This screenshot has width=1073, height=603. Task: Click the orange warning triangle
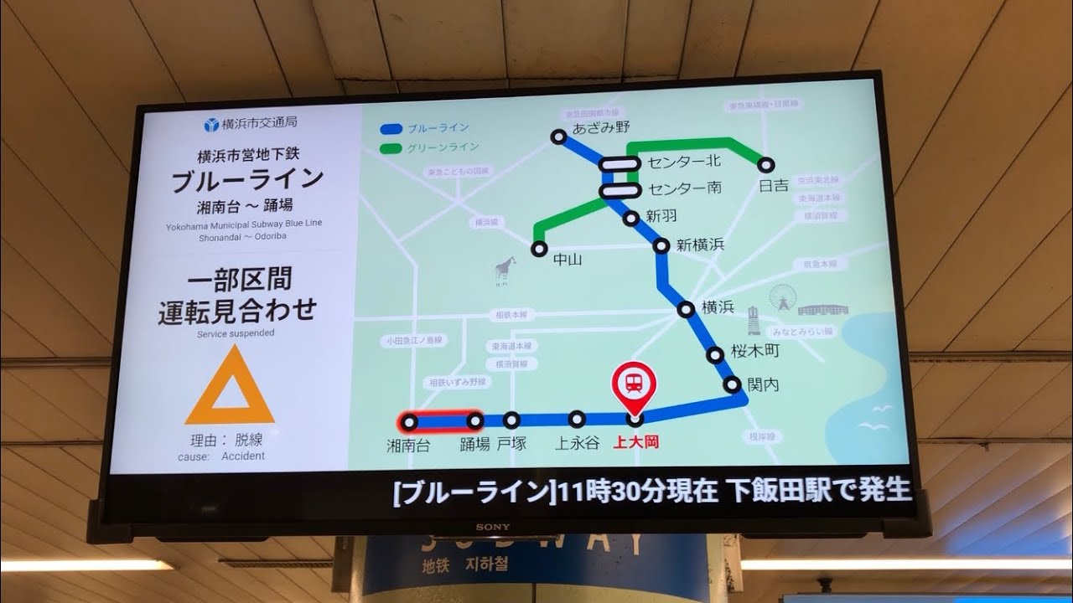[x=230, y=389]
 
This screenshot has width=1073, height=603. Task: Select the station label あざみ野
[x=601, y=127]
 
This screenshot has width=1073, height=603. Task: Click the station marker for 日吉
[x=765, y=165]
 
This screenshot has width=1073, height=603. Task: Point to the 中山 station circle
[x=539, y=249]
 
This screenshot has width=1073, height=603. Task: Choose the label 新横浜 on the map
[x=700, y=245]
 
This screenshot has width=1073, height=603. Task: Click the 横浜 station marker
[x=687, y=310]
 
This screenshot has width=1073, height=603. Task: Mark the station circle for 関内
[x=733, y=385]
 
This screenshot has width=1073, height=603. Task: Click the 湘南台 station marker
[x=410, y=421]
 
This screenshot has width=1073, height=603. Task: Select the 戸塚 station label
[x=511, y=444]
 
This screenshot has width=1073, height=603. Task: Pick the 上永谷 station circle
[x=577, y=419]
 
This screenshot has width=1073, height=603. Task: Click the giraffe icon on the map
[x=503, y=271]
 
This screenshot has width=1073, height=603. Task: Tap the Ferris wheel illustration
[x=781, y=299]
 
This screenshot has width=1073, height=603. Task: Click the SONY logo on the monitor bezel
[x=487, y=527]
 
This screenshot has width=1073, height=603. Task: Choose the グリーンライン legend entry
[x=428, y=148]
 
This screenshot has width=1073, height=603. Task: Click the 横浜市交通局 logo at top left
[x=250, y=124]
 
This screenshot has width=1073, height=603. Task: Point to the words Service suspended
[x=236, y=332]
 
